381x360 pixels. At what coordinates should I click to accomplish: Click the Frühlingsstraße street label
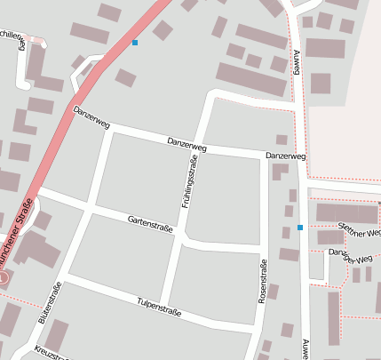click(x=188, y=180)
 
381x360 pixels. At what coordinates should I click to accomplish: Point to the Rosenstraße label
click(x=263, y=281)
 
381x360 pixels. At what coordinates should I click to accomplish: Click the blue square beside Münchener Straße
click(x=135, y=43)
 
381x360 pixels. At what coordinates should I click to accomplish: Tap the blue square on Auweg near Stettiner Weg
click(x=300, y=228)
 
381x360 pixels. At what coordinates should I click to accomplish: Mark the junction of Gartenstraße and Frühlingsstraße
click(x=180, y=236)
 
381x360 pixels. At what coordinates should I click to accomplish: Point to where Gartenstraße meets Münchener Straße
click(x=37, y=189)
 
